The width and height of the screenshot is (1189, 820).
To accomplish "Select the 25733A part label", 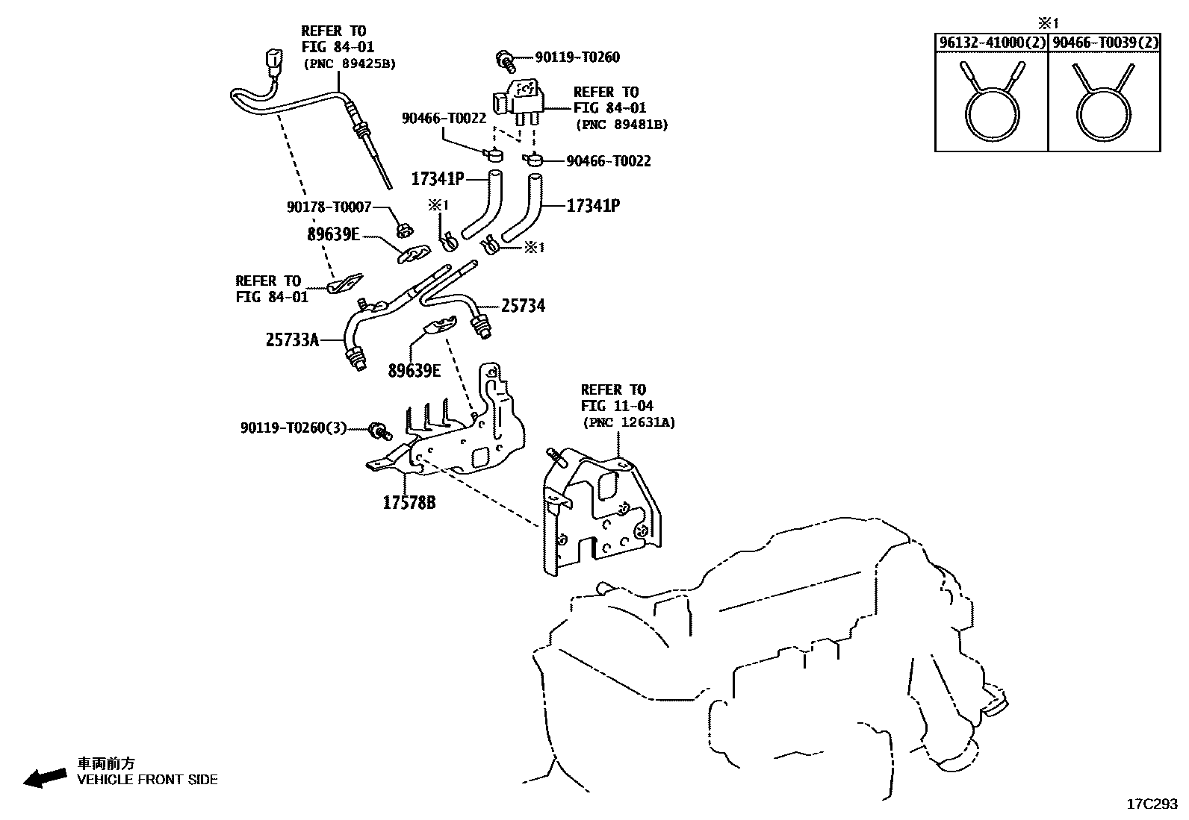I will click(x=292, y=340).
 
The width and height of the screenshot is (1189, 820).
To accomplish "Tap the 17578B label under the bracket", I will click(x=409, y=503).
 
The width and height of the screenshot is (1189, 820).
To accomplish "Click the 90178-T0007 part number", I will click(x=329, y=207).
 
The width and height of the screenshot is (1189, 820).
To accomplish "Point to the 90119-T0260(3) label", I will click(x=294, y=428).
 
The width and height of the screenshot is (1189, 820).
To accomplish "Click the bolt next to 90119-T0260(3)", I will click(x=380, y=430).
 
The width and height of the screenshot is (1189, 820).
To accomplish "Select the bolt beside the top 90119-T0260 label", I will click(x=506, y=59).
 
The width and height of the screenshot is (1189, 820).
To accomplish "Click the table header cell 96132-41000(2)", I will click(x=991, y=43).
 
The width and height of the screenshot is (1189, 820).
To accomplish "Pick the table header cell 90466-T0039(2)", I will click(x=1105, y=43).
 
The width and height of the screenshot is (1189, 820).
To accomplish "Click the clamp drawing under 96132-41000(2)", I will click(x=991, y=108).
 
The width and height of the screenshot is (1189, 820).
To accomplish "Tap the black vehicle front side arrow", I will click(x=44, y=778).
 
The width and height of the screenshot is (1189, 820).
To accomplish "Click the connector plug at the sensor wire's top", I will click(x=274, y=60).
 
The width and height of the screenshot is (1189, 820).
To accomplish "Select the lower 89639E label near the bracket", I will click(x=414, y=370).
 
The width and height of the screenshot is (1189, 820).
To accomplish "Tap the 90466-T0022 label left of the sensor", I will click(x=444, y=118).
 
